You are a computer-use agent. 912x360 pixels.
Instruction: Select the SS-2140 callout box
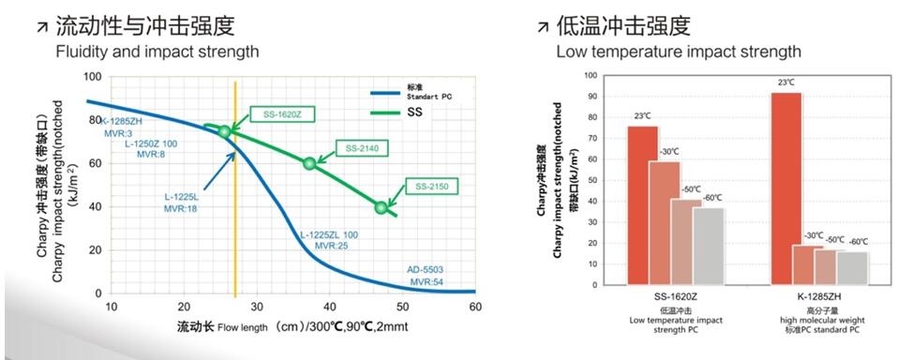[x=361, y=148]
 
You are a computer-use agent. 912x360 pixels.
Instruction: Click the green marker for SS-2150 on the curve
[x=381, y=207]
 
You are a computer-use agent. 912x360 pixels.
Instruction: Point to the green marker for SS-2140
[x=309, y=163]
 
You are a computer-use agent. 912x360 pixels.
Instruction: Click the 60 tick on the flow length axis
[x=474, y=307]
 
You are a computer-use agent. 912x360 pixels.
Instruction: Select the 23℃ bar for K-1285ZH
[x=785, y=187]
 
